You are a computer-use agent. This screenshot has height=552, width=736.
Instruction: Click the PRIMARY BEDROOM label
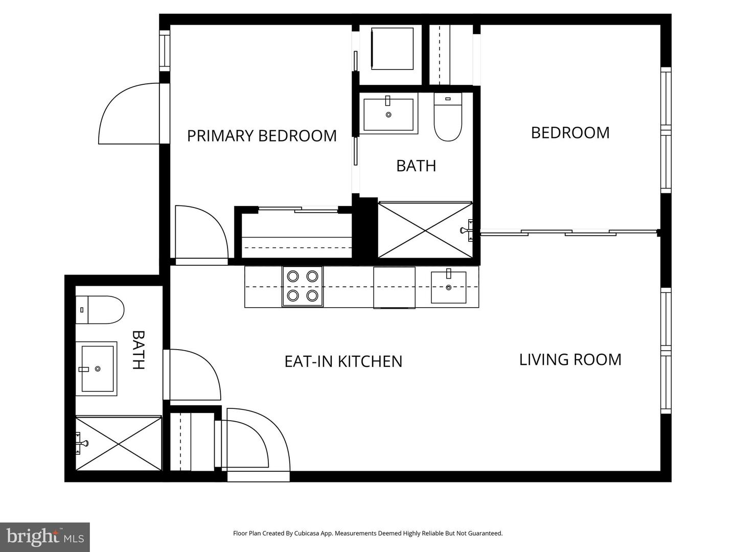pyautogui.click(x=262, y=136)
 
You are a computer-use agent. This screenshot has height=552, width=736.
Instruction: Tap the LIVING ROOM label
pyautogui.click(x=570, y=360)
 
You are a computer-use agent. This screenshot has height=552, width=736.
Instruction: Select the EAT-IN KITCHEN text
pyautogui.click(x=343, y=361)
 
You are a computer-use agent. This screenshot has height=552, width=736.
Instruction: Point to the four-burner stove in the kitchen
pyautogui.click(x=303, y=286)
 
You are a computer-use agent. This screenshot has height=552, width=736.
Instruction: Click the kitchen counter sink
pyautogui.click(x=448, y=287)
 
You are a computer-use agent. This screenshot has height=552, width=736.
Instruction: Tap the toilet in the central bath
pyautogui.click(x=448, y=117)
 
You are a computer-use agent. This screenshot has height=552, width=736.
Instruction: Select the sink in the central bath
pyautogui.click(x=388, y=114)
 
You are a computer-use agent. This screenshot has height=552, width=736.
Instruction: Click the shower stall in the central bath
pyautogui.click(x=426, y=230)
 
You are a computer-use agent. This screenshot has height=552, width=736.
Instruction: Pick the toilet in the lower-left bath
pyautogui.click(x=100, y=310)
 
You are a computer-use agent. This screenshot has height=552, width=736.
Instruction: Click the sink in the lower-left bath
pyautogui.click(x=97, y=369)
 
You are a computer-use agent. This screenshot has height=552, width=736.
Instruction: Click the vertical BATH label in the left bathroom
pyautogui.click(x=139, y=350)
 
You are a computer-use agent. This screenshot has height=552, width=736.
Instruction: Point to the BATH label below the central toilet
pyautogui.click(x=416, y=166)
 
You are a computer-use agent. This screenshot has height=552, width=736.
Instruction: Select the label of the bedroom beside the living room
pyautogui.click(x=570, y=133)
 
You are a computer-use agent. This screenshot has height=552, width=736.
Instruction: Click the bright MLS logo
pyautogui.click(x=45, y=537)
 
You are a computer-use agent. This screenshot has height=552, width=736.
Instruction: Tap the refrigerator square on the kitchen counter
pyautogui.click(x=394, y=287)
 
